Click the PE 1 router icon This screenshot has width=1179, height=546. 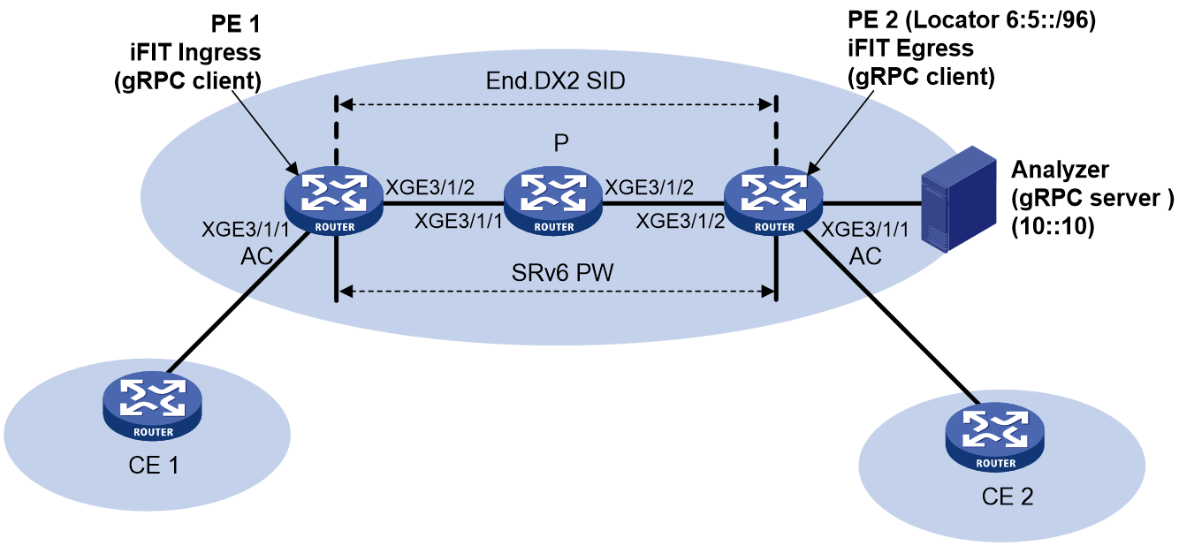click(334, 201)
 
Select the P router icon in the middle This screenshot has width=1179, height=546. click(553, 201)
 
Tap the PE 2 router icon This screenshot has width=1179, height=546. click(773, 201)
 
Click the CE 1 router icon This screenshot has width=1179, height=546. click(153, 406)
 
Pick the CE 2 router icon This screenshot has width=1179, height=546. click(995, 437)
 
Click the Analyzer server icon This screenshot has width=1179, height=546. click(958, 199)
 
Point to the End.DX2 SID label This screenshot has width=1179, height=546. click(555, 81)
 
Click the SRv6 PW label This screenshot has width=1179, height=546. click(563, 272)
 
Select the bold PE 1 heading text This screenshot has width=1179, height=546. click(235, 24)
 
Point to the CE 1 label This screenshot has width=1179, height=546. click(154, 466)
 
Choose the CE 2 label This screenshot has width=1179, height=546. click(1008, 497)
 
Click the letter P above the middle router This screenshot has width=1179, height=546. click(561, 142)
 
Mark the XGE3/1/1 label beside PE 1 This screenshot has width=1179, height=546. click(246, 230)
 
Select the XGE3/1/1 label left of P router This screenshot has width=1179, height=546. click(459, 221)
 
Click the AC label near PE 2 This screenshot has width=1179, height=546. click(865, 256)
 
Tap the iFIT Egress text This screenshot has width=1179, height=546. click(910, 49)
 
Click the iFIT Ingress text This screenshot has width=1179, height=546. click(195, 53)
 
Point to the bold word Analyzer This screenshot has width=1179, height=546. click(1060, 170)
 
